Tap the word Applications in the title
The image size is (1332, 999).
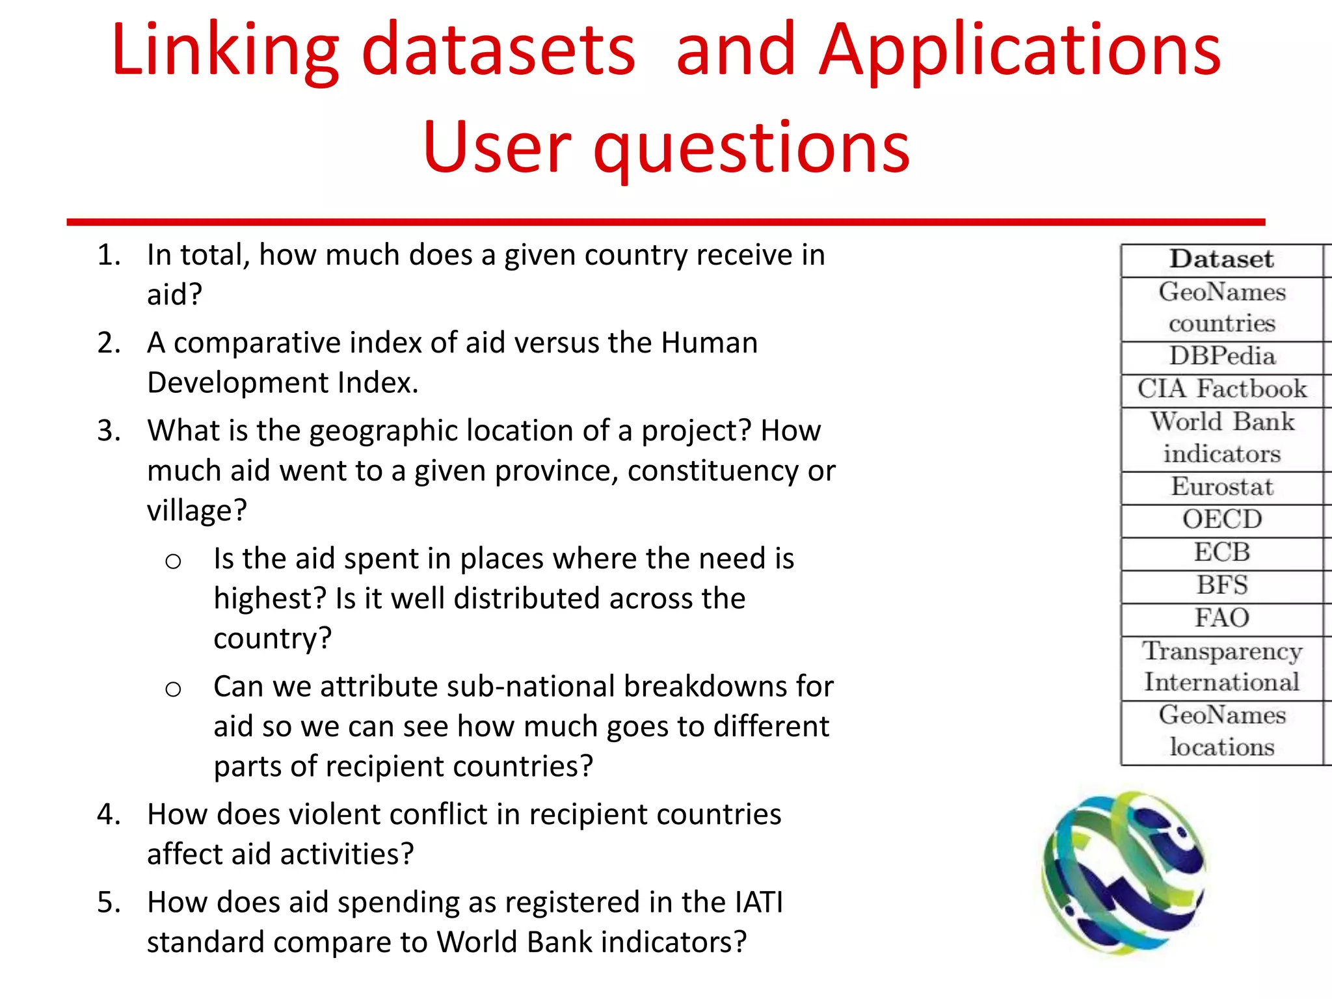pyautogui.click(x=1020, y=51)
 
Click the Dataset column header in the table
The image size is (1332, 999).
pyautogui.click(x=1221, y=260)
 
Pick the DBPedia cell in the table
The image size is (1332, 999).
pyautogui.click(x=1222, y=356)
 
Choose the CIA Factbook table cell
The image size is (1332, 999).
pyautogui.click(x=1222, y=389)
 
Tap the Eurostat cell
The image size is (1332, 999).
pyautogui.click(x=1222, y=487)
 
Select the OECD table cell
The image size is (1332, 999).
pyautogui.click(x=1222, y=520)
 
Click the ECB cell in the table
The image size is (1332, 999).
pyautogui.click(x=1222, y=553)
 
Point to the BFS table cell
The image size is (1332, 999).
pyautogui.click(x=1222, y=585)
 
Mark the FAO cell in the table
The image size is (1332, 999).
pyautogui.click(x=1222, y=618)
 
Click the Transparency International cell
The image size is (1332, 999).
pyautogui.click(x=1222, y=667)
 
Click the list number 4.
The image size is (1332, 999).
pyautogui.click(x=108, y=815)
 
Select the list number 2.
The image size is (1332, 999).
pyautogui.click(x=108, y=343)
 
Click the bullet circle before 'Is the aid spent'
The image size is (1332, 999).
pyautogui.click(x=173, y=561)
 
